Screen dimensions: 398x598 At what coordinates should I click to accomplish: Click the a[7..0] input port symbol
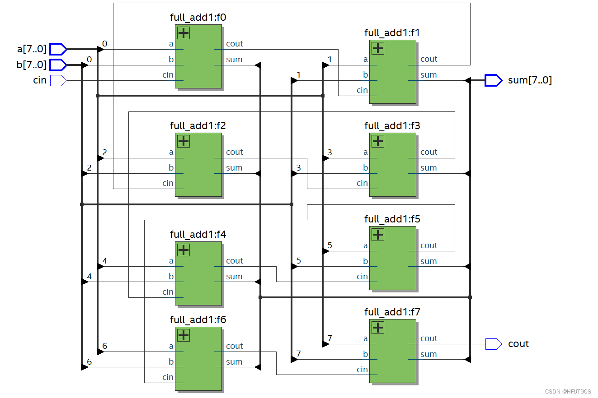pyautogui.click(x=58, y=49)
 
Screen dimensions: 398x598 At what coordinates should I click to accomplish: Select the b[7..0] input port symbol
pyautogui.click(x=58, y=65)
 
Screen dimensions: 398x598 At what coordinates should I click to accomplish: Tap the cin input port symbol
pyautogui.click(x=58, y=81)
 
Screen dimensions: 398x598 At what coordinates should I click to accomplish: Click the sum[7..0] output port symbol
pyautogui.click(x=493, y=80)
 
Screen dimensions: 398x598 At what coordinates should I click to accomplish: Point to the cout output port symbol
pyautogui.click(x=493, y=344)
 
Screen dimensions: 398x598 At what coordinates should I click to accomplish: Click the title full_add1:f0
pyautogui.click(x=198, y=18)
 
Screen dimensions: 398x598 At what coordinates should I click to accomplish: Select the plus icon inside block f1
pyautogui.click(x=377, y=48)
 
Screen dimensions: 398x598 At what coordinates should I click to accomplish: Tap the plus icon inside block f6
pyautogui.click(x=183, y=335)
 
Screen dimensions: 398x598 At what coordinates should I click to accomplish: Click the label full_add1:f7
pyautogui.click(x=392, y=312)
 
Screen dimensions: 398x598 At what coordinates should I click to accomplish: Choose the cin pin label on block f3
pyautogui.click(x=362, y=183)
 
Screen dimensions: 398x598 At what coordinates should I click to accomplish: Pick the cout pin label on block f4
pyautogui.click(x=234, y=261)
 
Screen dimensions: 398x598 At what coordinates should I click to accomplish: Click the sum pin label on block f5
pyautogui.click(x=428, y=261)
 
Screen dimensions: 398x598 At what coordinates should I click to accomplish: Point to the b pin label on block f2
pyautogui.click(x=171, y=168)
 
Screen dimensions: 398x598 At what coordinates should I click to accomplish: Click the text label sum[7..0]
pyautogui.click(x=530, y=80)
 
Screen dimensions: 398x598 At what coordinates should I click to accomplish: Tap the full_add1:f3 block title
pyautogui.click(x=392, y=126)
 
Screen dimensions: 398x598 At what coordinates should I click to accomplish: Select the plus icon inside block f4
pyautogui.click(x=183, y=250)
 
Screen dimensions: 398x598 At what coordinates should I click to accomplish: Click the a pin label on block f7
pyautogui.click(x=365, y=338)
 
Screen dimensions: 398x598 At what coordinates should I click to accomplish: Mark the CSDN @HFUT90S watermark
pyautogui.click(x=568, y=391)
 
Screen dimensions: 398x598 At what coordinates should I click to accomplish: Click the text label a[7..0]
pyautogui.click(x=31, y=48)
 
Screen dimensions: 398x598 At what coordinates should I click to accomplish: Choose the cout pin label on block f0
pyautogui.click(x=234, y=44)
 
